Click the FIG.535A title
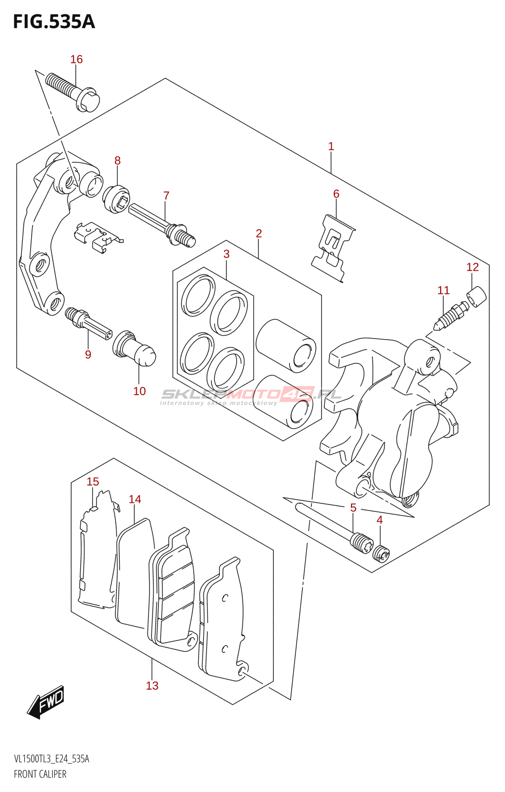point(54,22)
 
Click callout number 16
point(76,59)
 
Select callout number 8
point(117,160)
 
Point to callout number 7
point(166,196)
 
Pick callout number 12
point(472,267)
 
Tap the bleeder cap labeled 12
point(477,297)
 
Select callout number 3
point(226,254)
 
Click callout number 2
point(258,233)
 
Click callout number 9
point(88,354)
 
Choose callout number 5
point(353,507)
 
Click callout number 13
point(152,686)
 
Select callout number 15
point(93,482)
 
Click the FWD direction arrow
point(46,702)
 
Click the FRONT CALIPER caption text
point(40,774)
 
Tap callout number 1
point(331,147)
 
